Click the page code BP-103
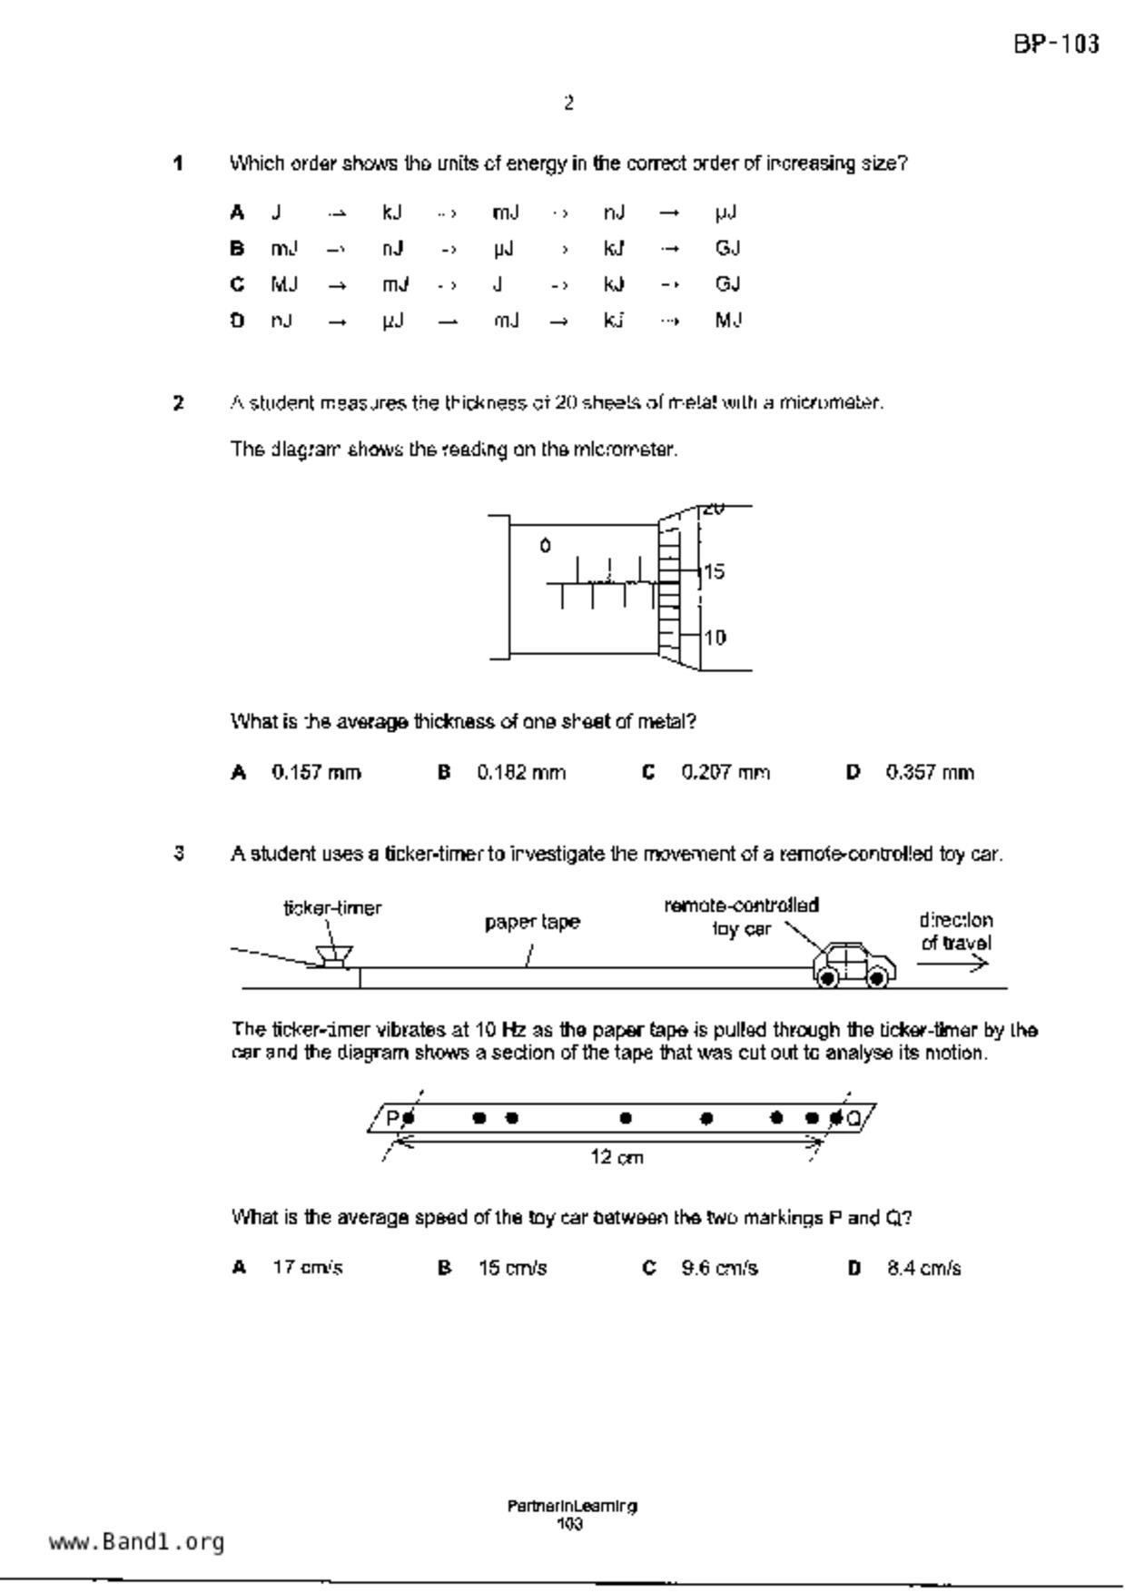(x=1056, y=45)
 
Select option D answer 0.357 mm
(x=930, y=773)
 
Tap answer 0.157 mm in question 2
(x=316, y=773)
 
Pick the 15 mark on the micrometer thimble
(x=715, y=572)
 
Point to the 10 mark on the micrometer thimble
(x=715, y=638)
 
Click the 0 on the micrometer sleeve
(x=545, y=546)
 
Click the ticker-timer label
(x=332, y=908)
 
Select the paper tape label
(x=532, y=923)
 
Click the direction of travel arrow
(x=952, y=965)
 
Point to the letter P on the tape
(x=393, y=1118)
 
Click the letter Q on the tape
(x=854, y=1118)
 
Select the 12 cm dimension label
(x=617, y=1158)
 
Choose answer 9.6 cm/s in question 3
(x=719, y=1268)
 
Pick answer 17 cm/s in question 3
(x=308, y=1268)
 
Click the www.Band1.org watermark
(x=136, y=1542)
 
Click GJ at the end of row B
(x=727, y=249)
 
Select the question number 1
(x=178, y=164)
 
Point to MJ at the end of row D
(x=728, y=321)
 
